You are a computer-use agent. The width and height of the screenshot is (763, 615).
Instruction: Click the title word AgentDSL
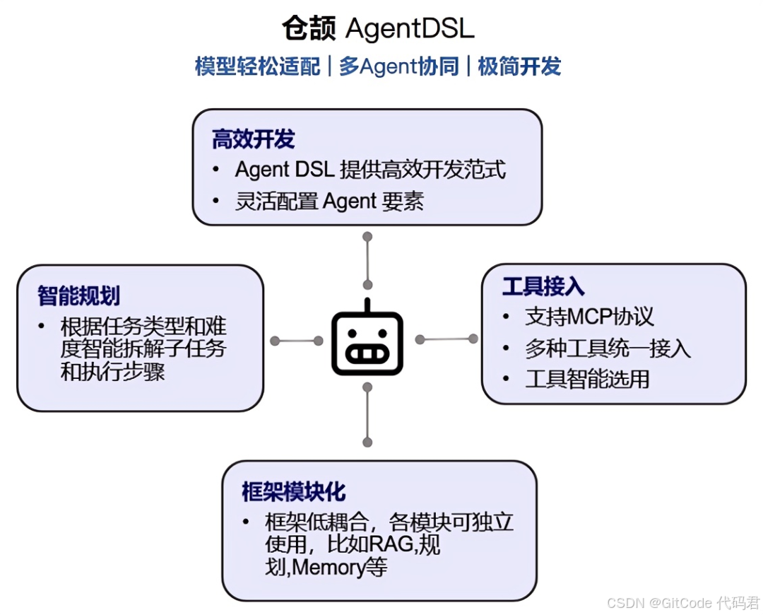410,29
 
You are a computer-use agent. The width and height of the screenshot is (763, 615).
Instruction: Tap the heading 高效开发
253,139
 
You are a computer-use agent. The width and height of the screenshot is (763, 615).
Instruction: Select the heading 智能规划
78,295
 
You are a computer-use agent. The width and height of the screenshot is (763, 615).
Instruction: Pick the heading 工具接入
543,286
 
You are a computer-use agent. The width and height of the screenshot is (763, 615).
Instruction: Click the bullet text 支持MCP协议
589,317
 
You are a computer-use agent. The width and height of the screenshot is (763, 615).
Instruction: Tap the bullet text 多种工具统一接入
608,348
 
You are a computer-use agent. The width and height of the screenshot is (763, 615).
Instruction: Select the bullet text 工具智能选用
587,380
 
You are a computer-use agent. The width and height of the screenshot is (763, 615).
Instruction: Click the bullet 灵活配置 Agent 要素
329,201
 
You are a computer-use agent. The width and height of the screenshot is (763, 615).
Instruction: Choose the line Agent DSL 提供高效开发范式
370,170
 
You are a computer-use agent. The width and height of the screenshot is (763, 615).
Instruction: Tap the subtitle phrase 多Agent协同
398,66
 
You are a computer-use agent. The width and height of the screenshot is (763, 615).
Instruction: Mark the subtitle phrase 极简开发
519,66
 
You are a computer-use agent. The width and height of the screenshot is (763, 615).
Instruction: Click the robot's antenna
367,305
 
